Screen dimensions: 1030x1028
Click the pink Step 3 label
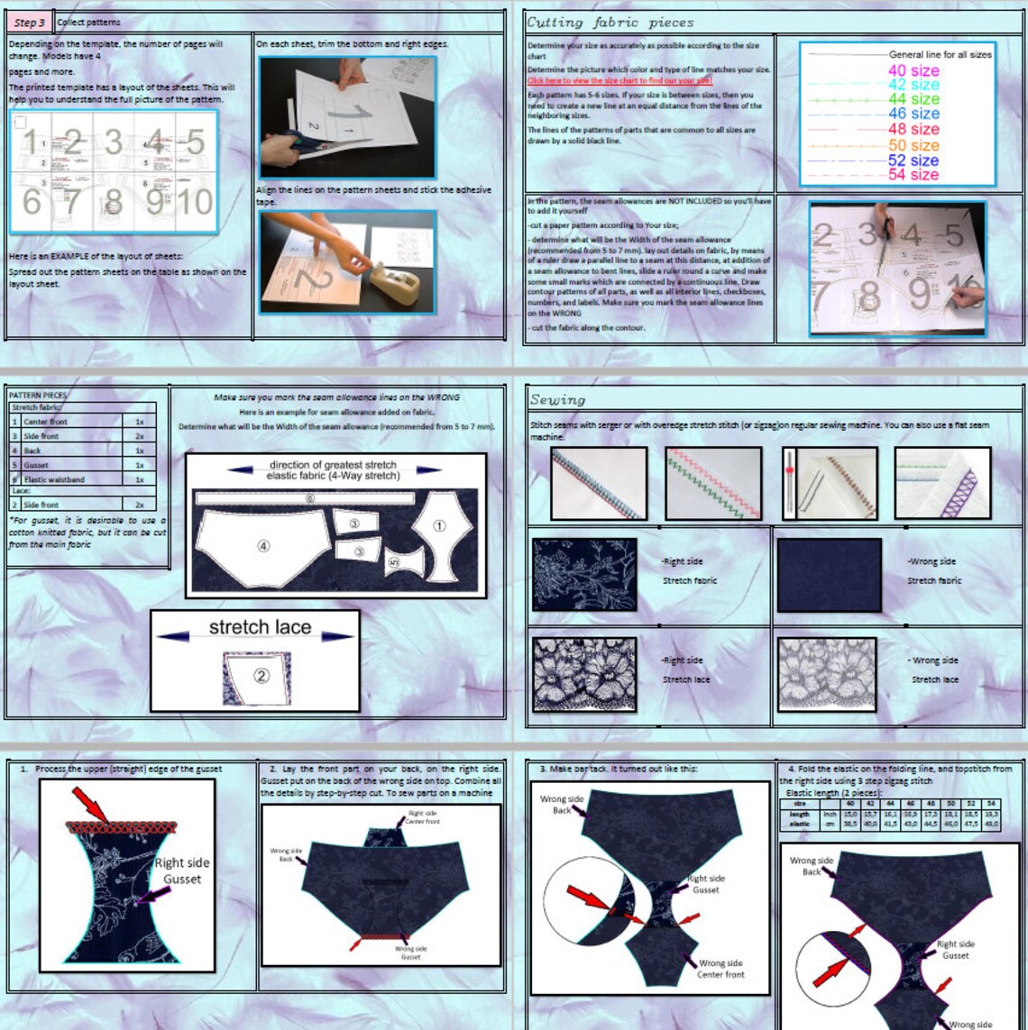(29, 23)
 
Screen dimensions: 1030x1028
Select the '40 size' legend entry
(913, 70)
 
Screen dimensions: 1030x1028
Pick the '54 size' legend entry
(913, 175)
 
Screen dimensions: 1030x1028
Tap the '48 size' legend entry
(913, 129)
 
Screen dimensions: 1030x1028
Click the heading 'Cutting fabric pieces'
(610, 23)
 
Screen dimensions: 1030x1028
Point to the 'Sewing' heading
(557, 399)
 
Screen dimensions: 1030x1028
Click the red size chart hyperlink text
(620, 81)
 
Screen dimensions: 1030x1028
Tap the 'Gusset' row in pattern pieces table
(36, 465)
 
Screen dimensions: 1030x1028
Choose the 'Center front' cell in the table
(46, 422)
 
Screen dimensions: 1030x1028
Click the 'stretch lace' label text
(260, 627)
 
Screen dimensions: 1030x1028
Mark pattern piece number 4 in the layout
(263, 546)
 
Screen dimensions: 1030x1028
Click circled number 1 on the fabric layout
(440, 526)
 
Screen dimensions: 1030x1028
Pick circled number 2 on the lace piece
(261, 675)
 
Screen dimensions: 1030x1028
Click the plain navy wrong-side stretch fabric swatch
(829, 574)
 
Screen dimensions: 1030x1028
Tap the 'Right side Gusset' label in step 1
(182, 870)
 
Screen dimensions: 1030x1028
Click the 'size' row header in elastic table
(799, 803)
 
